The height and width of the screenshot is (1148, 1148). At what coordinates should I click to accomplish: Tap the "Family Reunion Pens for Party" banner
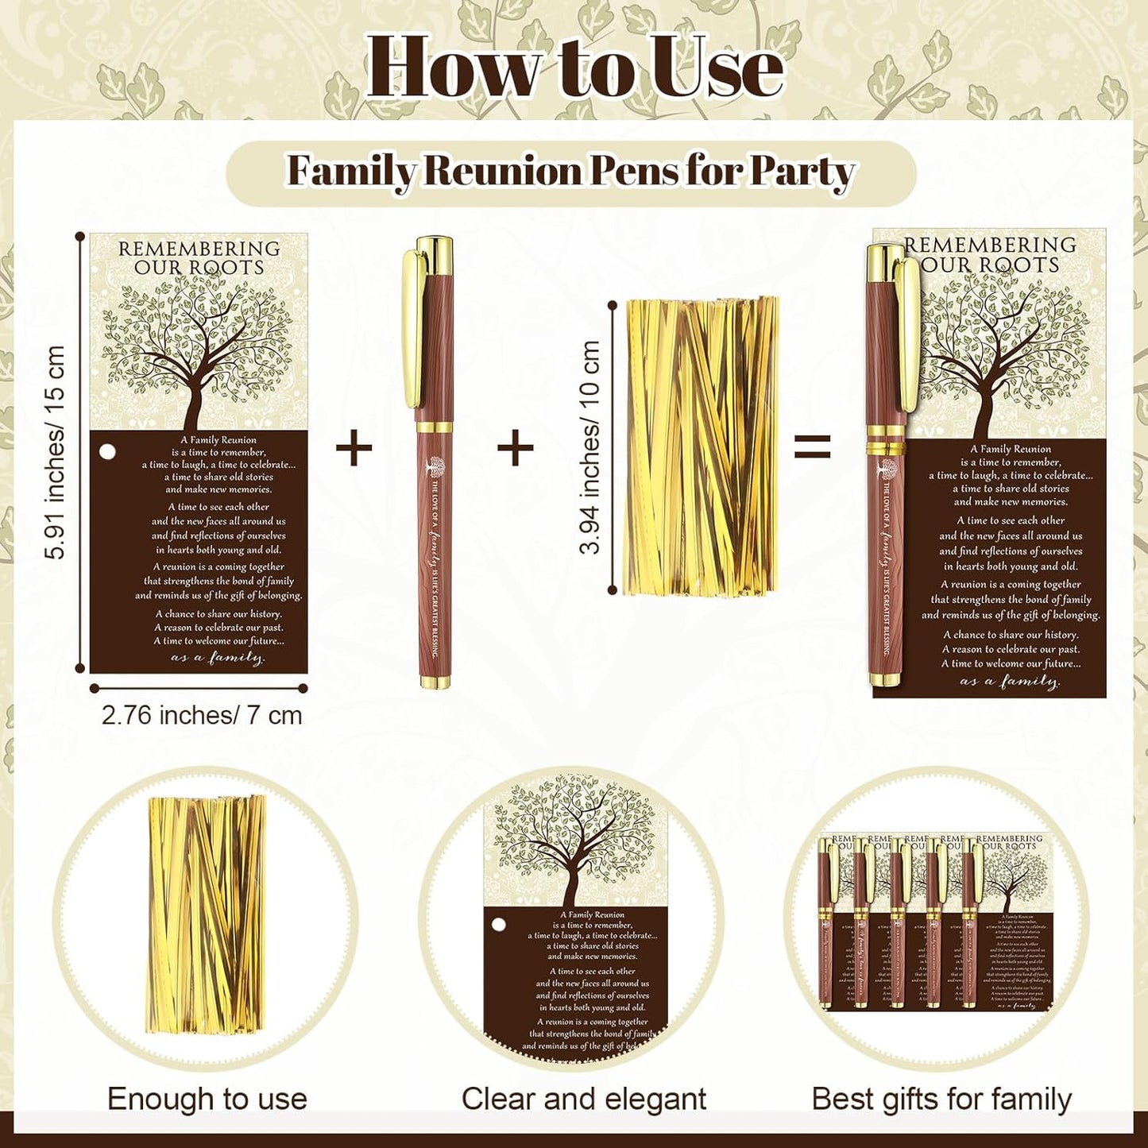570,172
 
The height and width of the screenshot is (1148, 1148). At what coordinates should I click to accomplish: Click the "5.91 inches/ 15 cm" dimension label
55,452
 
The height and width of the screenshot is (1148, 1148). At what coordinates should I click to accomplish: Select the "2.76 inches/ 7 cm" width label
202,715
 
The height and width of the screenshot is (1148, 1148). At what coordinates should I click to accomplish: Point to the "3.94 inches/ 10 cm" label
590,447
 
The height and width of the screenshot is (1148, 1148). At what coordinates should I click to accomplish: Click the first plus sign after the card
354,449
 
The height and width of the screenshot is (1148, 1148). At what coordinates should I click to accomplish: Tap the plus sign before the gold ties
515,449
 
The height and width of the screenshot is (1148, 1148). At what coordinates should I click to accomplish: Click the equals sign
812,446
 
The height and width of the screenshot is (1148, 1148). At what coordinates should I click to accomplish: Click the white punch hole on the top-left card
107,452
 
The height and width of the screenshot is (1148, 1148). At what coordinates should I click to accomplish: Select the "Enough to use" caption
207,1099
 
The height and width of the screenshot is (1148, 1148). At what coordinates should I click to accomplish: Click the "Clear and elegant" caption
583,1099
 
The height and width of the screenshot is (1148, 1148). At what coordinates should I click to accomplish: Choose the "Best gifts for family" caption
941,1099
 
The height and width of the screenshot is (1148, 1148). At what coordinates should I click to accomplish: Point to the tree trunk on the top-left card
193,405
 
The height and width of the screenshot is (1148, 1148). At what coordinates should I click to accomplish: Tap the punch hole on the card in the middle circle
499,925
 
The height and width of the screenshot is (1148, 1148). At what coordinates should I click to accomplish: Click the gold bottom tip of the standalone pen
435,680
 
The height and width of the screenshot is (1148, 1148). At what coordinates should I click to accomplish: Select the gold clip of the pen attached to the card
909,334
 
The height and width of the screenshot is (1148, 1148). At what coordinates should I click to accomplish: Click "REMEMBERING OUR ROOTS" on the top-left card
199,258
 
